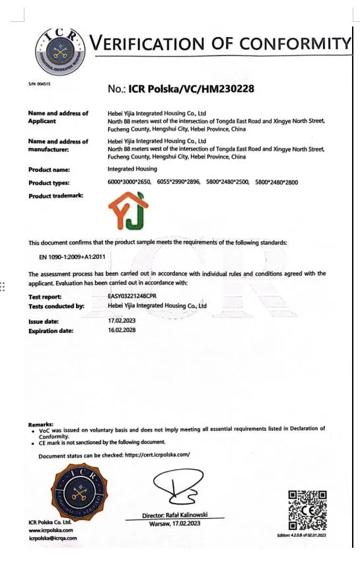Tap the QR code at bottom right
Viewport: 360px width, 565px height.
[308, 509]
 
